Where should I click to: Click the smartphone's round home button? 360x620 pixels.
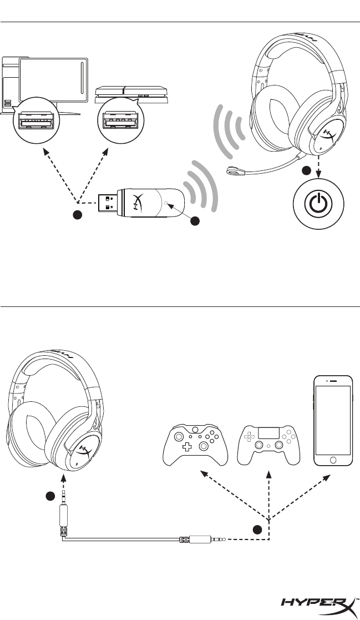click(333, 461)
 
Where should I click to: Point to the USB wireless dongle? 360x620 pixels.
click(145, 203)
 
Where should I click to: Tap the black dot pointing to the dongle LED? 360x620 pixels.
click(194, 220)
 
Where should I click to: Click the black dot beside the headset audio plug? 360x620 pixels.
click(50, 496)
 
